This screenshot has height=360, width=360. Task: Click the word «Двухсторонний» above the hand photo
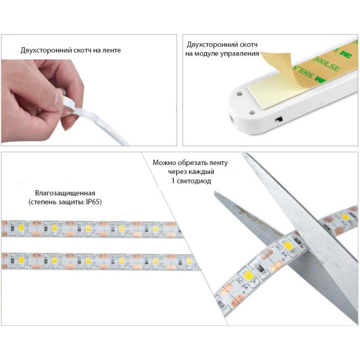click(47, 50)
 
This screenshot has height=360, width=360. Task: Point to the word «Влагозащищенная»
click(65, 193)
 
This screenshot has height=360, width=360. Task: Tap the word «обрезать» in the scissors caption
click(192, 162)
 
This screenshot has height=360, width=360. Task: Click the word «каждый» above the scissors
click(203, 172)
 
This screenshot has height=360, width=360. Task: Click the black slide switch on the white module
click(279, 120)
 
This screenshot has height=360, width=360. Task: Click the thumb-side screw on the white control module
click(239, 94)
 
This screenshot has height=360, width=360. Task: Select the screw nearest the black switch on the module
click(252, 112)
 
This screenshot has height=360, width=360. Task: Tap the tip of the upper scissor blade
click(244, 155)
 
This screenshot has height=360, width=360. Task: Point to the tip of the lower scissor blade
click(215, 192)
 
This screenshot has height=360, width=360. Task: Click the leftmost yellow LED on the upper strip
click(21, 228)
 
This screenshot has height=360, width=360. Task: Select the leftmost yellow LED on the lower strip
click(21, 260)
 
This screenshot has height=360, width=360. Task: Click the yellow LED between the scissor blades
click(288, 246)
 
